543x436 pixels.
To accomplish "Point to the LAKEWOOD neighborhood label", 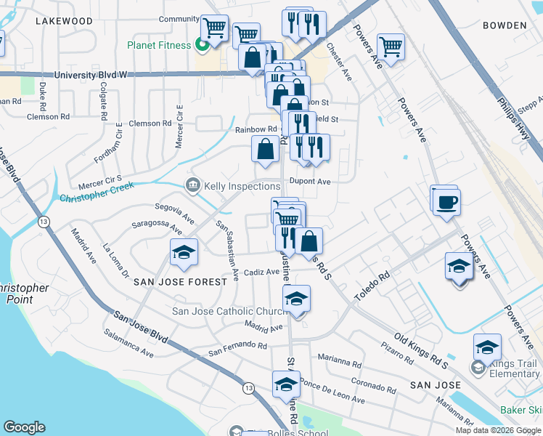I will coord(64,21).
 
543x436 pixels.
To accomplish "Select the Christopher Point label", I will coord(24,294).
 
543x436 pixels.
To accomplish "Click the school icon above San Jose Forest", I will coord(184,251).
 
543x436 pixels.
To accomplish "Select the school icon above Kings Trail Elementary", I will coord(487,347).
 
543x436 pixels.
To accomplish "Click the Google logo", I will coord(25,427).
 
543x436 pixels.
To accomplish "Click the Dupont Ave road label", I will coord(310,182).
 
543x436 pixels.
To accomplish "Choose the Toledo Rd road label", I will coord(372,287).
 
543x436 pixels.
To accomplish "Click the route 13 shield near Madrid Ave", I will coord(44,222).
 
